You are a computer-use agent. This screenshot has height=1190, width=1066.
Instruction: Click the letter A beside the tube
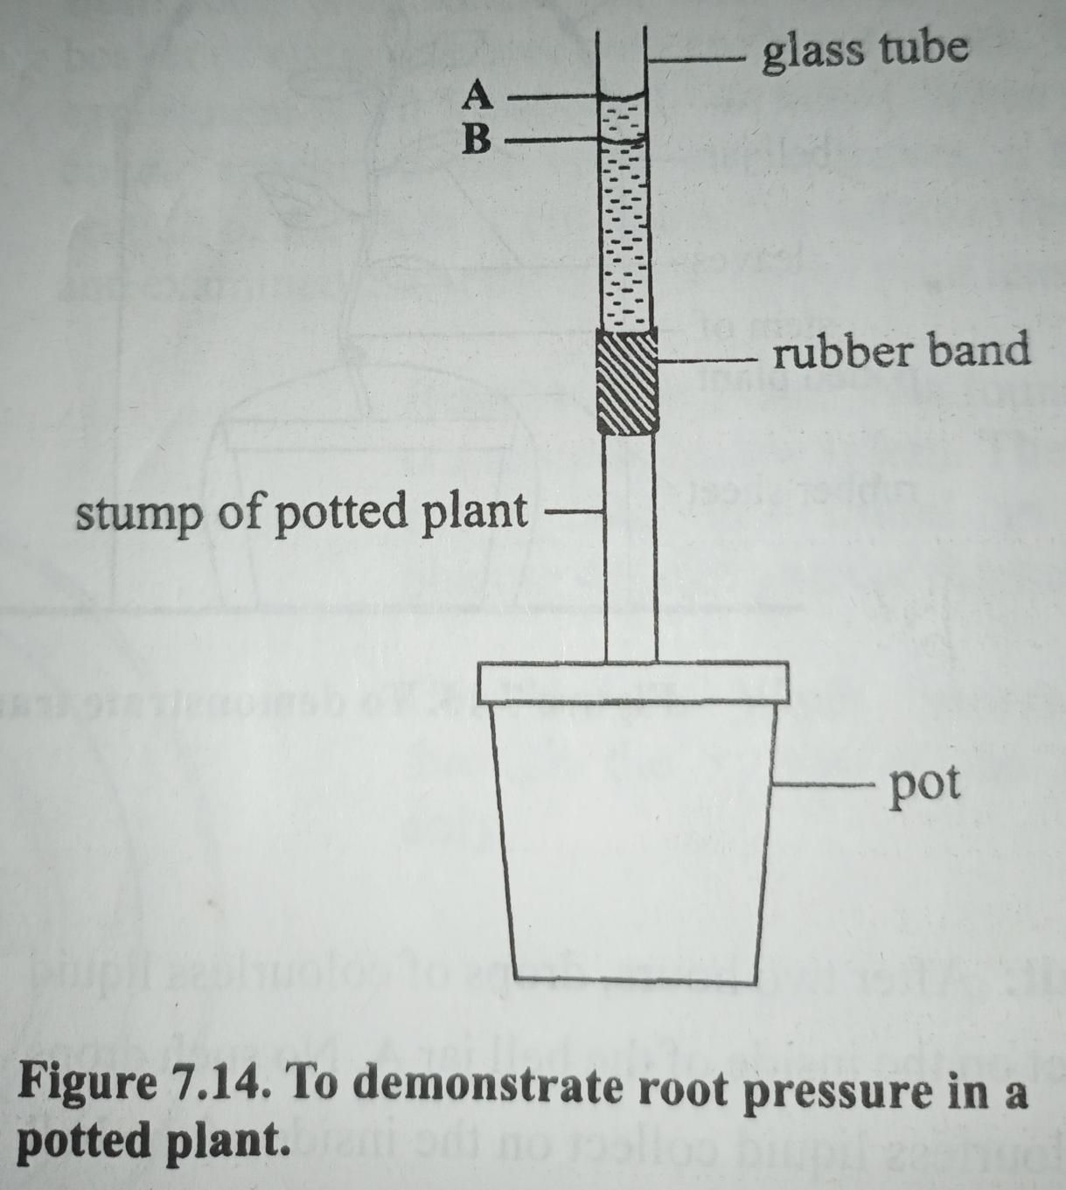(477, 95)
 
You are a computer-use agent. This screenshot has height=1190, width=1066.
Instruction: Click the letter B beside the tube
(477, 138)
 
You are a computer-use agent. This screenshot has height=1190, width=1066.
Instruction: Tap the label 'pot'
(923, 784)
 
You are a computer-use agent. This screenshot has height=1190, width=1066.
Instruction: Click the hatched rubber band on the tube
(627, 382)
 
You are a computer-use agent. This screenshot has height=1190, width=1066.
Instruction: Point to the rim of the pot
(634, 682)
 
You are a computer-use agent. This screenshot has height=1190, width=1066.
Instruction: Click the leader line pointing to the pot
(822, 783)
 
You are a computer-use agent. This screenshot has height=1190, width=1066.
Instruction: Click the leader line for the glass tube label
(695, 59)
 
